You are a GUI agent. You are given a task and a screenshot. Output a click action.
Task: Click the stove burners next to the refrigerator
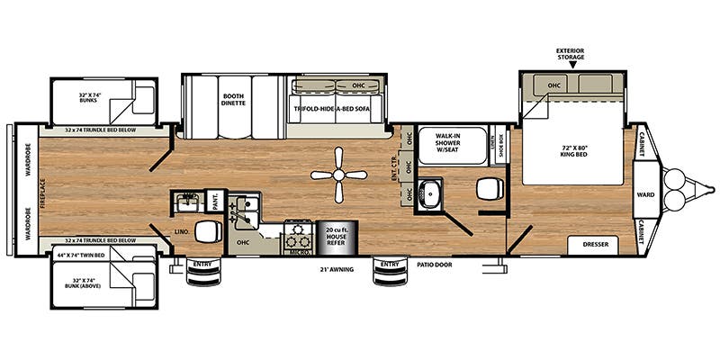click(296, 238)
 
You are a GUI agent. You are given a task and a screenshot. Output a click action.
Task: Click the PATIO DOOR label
click(434, 265)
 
